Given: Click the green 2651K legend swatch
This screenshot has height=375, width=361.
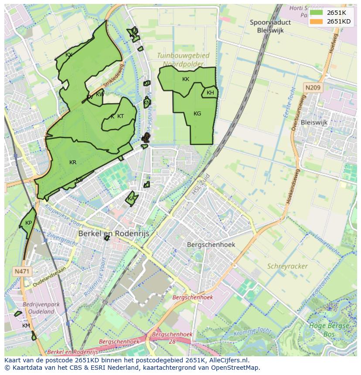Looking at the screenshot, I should point(317,13).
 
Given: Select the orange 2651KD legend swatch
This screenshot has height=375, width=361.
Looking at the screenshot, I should point(317,21).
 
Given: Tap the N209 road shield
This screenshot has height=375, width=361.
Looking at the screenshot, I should point(313,88).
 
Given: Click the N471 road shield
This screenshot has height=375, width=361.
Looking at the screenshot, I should point(22,271).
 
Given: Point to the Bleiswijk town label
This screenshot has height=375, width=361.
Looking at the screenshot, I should point(314,122).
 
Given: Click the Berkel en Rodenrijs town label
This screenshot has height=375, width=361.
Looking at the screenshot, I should point(114,234).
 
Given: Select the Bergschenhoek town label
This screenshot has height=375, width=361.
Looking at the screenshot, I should point(211,244).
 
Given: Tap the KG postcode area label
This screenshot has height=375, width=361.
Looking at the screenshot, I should point(197,114).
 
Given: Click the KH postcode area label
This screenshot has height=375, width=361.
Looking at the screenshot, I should point(210,93).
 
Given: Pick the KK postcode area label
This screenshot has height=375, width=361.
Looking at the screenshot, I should point(186,79).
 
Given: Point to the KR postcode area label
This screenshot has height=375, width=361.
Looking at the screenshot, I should point(73,162).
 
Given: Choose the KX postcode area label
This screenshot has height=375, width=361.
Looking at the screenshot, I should point(68,55).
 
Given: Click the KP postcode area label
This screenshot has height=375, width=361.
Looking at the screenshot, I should point(28,223).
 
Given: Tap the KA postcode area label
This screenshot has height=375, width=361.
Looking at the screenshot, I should point(131,199).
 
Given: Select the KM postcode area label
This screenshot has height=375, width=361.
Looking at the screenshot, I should point(26,325).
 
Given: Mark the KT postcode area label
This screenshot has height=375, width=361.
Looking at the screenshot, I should point(120,116).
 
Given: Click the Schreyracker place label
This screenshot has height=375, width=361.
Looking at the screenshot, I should point(287,266).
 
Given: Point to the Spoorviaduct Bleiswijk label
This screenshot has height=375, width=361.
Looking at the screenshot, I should point(270,26).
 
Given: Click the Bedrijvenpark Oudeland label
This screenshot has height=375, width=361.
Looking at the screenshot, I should point(41,308).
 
